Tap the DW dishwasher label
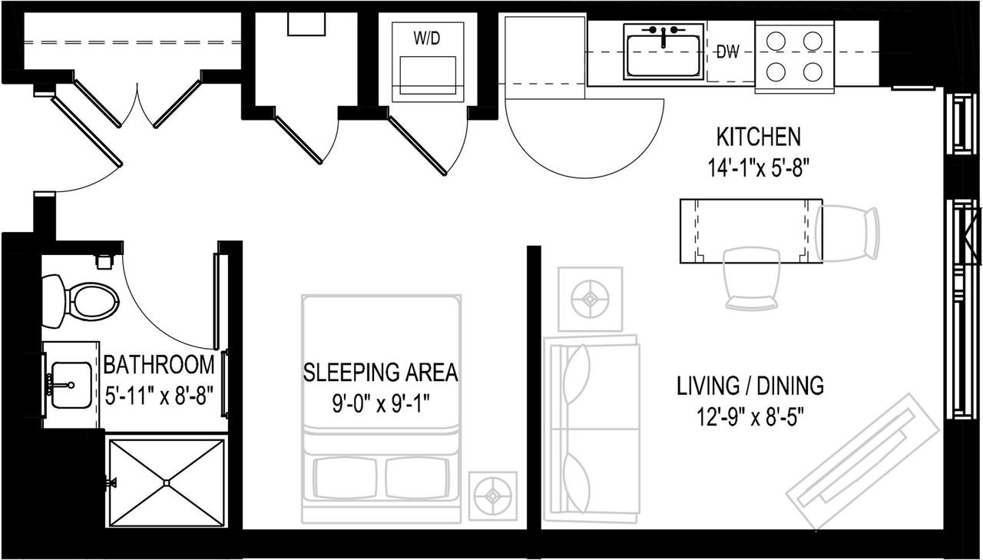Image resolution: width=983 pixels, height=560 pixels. click(x=727, y=53)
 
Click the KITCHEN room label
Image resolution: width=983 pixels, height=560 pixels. click(x=758, y=138)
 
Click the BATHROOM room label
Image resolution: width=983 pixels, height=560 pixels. click(x=159, y=364)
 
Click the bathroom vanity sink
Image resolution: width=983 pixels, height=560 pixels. click(x=71, y=384)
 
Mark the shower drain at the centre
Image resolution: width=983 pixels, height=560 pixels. click(x=167, y=482)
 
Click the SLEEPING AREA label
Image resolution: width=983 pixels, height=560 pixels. click(x=381, y=373)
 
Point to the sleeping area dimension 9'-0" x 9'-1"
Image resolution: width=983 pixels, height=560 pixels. click(x=381, y=404)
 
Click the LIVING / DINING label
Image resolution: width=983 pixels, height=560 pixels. click(x=750, y=386)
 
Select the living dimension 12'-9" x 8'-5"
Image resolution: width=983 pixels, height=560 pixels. click(x=750, y=418)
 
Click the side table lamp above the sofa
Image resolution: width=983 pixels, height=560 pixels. click(x=590, y=299)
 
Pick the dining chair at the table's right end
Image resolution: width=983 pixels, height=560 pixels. click(x=849, y=234)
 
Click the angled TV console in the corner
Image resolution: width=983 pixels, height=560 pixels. click(x=863, y=461)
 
